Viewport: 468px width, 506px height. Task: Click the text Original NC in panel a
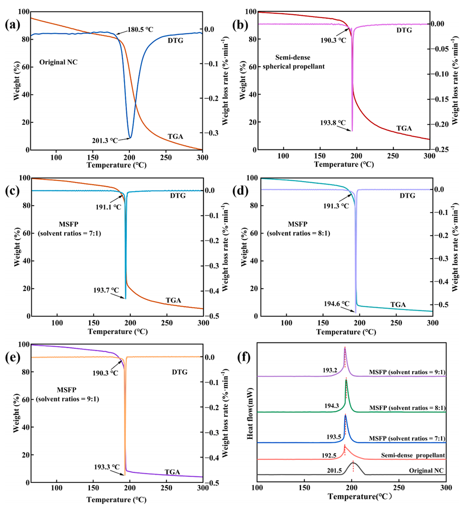point(58,62)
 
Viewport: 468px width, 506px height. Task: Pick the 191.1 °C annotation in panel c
point(108,207)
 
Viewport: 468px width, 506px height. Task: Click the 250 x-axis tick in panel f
point(399,488)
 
